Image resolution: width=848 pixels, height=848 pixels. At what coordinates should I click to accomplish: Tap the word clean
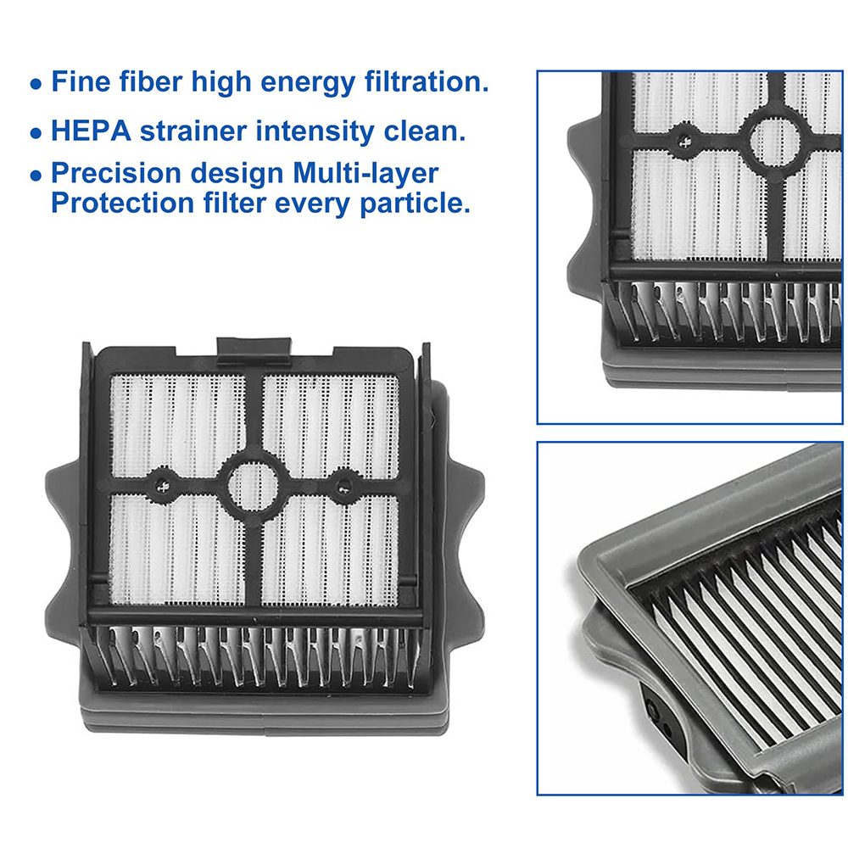click(x=431, y=131)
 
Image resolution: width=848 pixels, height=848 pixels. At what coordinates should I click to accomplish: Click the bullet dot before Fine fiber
click(x=35, y=85)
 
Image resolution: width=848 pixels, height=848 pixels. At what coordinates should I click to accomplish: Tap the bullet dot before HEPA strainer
click(x=35, y=134)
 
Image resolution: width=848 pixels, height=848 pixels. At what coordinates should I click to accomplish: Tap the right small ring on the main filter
click(x=343, y=485)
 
